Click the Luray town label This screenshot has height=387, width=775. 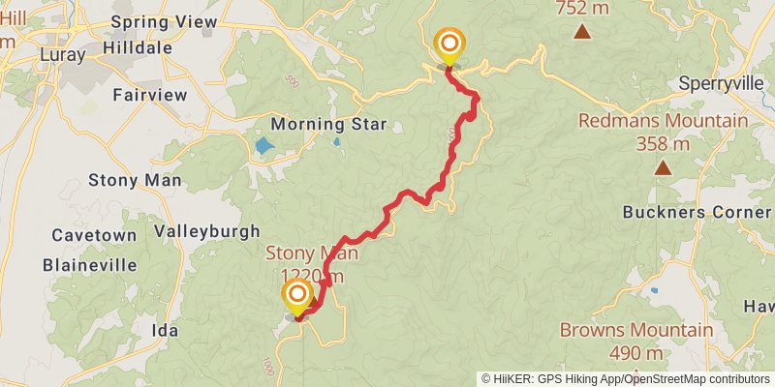pos(63,55)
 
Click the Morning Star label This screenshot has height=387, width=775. pos(328,124)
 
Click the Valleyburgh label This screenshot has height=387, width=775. pos(207,231)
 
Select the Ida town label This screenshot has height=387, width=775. pos(166,330)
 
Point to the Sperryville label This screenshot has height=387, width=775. pos(722,83)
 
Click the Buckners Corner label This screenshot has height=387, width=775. pos(697,212)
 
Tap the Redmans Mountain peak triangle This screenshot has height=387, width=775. pos(663,168)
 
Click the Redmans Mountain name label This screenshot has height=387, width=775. pos(664,121)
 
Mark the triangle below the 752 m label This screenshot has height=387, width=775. pos(582,33)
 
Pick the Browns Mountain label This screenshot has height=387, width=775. pos(636,330)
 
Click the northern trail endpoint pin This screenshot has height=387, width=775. pos(449,45)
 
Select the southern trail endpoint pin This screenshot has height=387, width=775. pos(296,296)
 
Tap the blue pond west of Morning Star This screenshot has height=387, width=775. pos(263,147)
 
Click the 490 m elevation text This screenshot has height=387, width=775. pos(636,352)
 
